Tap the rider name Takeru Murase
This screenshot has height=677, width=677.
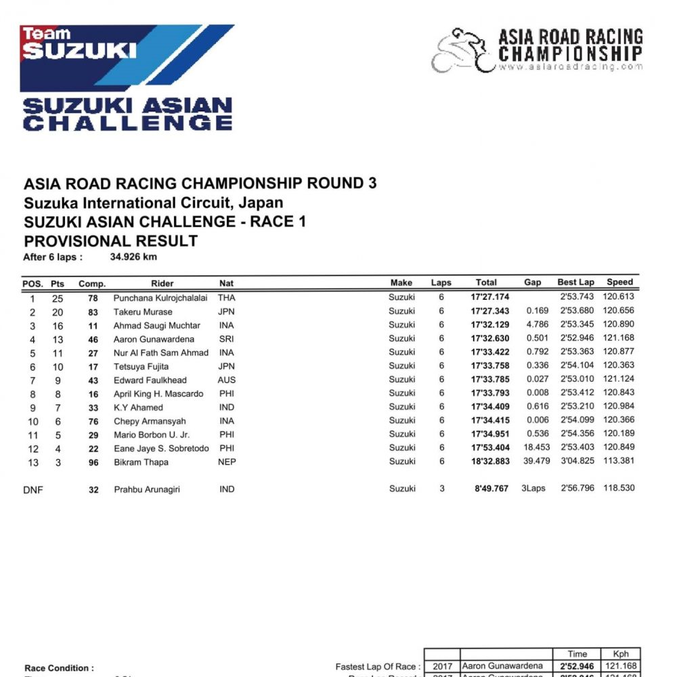tap(143, 311)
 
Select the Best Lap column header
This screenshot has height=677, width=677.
tap(575, 282)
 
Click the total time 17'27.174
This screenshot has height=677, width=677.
tap(489, 297)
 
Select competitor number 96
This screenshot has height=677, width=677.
tap(93, 462)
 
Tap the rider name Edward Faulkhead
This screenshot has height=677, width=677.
tap(150, 380)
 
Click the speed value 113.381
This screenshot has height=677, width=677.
tap(619, 462)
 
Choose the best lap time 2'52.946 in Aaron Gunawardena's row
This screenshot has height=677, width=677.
tap(576, 338)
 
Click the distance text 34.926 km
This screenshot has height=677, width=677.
tap(134, 257)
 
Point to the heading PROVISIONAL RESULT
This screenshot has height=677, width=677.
tap(110, 240)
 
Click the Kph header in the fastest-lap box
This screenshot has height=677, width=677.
tap(621, 654)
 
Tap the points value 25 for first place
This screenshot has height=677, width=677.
tap(58, 298)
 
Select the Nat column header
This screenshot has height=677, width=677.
tap(226, 283)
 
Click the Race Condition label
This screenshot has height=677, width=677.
tap(60, 668)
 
